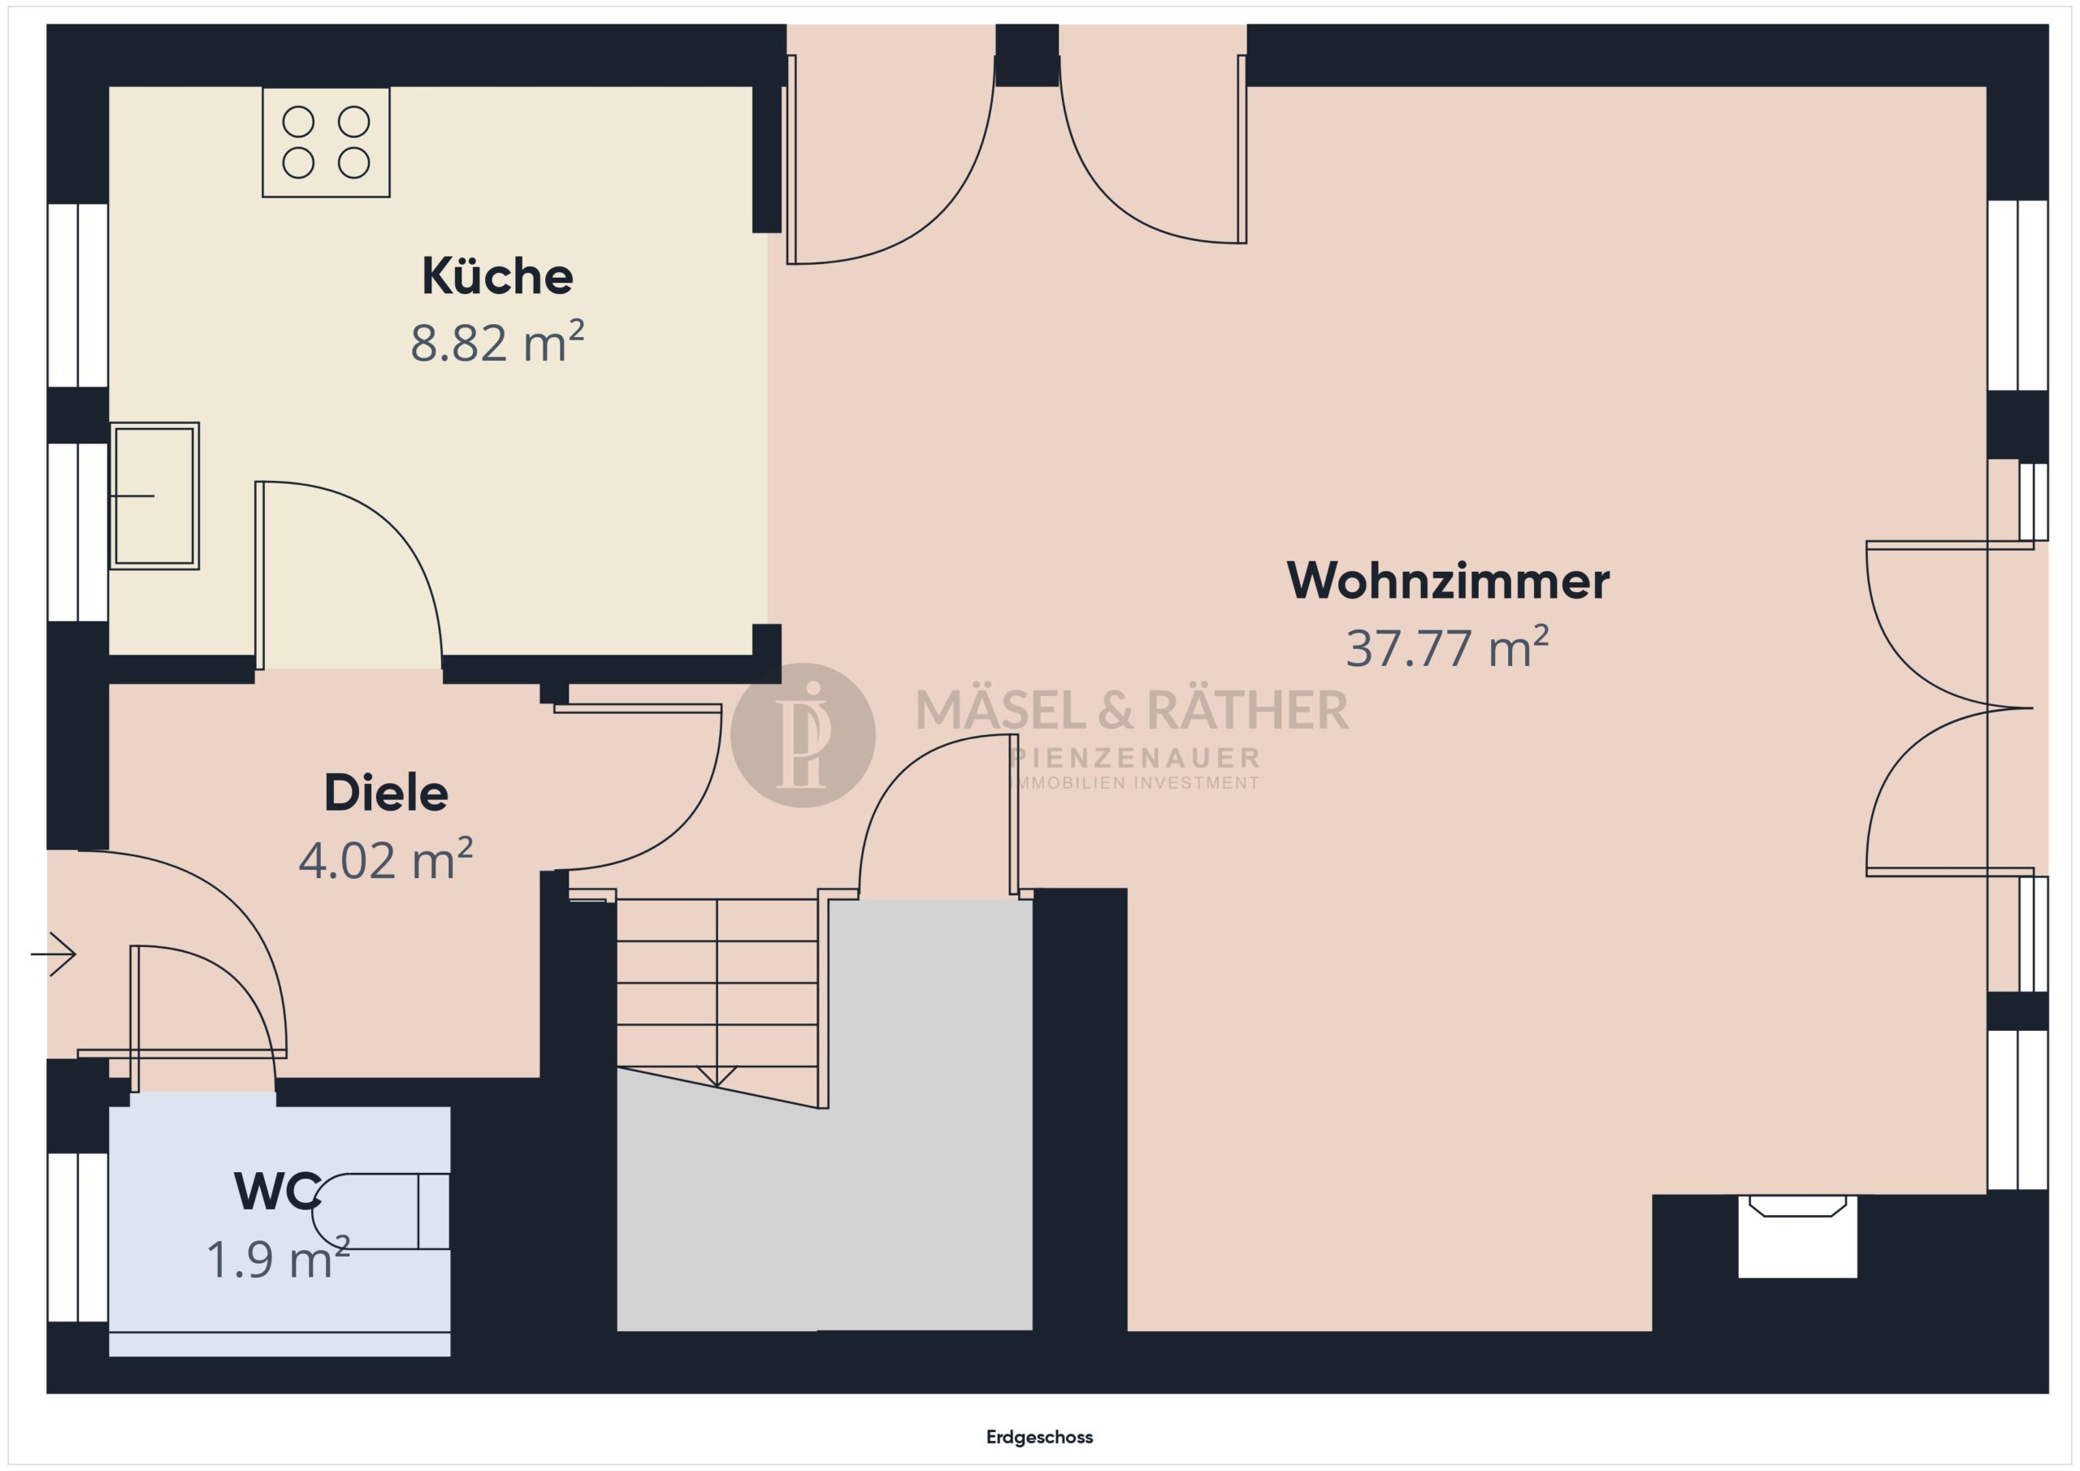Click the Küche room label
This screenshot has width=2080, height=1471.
pos(497,276)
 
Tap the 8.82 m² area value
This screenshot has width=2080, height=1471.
pos(497,341)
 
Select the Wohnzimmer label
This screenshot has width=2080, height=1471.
pos(1448,581)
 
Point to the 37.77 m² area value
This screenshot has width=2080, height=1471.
pos(1448,647)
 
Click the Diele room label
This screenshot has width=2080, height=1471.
pos(386,794)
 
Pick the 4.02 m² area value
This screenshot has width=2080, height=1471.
pos(386,859)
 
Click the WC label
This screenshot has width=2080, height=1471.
pos(277,1191)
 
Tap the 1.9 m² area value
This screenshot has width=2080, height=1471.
pos(278,1257)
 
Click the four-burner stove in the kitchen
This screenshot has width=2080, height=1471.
pos(326,142)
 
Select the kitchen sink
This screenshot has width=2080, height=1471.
pos(155,495)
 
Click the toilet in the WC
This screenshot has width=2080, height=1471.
pos(380,1211)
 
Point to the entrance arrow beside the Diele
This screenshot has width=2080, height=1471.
pos(53,954)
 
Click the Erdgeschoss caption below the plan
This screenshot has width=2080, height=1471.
pos(1040,1437)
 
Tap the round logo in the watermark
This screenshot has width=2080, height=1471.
pos(803,734)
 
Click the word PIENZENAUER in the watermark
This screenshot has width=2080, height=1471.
pos(1135,757)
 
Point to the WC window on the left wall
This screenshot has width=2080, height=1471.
pos(78,1237)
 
